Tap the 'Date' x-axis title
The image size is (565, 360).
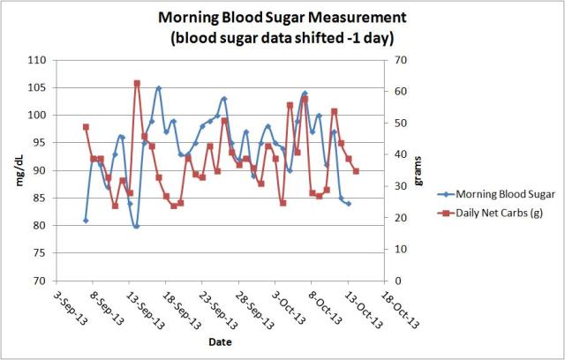[x=221, y=340]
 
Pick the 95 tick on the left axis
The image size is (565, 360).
[x=38, y=143]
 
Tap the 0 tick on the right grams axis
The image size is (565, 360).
[x=398, y=281]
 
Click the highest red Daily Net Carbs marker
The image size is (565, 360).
[x=137, y=83]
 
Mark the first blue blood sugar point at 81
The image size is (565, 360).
[x=86, y=221]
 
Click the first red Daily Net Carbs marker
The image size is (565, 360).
[x=86, y=127]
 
